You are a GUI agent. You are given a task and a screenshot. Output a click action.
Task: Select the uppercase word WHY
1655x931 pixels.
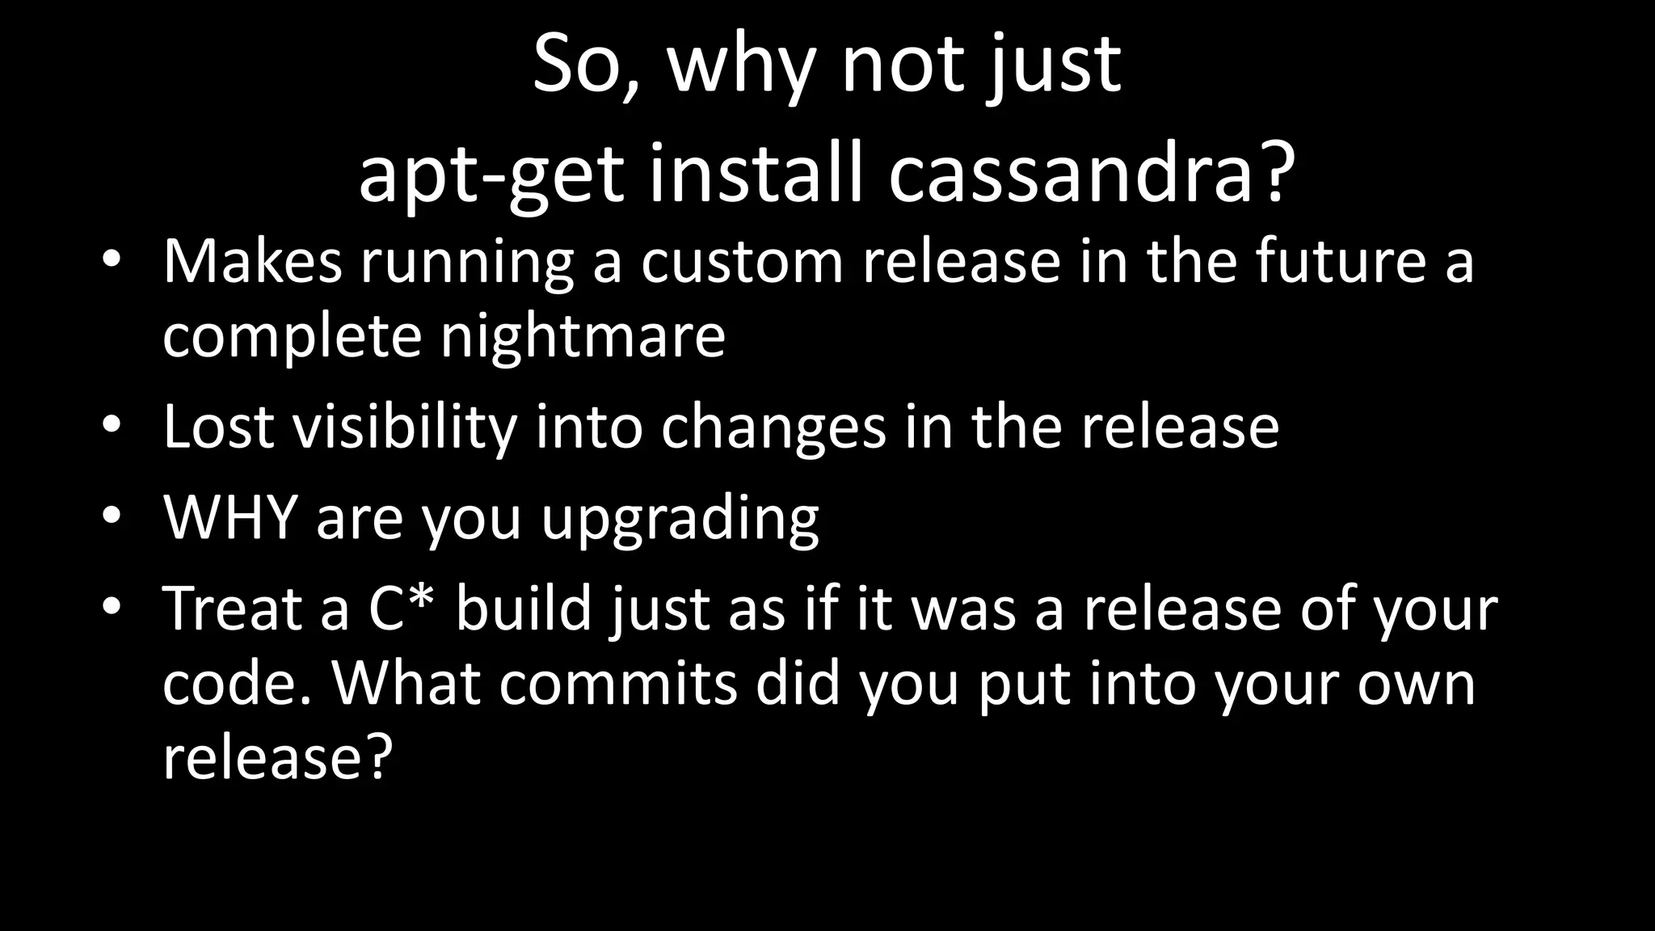230,517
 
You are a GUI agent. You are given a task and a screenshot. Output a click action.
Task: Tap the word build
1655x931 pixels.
524,608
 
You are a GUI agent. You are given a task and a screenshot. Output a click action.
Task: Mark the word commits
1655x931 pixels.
617,684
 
